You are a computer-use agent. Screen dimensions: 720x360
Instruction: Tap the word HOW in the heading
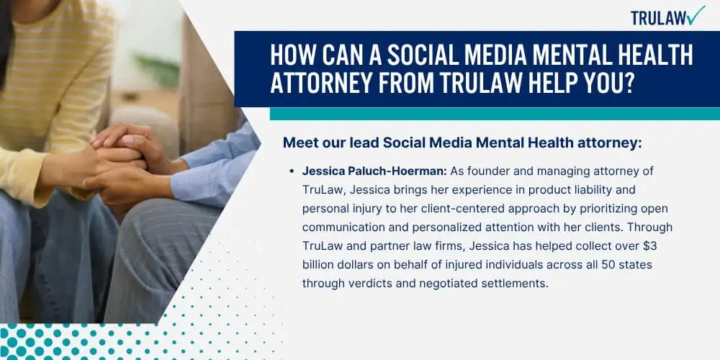click(291, 56)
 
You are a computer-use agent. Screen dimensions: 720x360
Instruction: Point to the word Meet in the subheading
click(297, 143)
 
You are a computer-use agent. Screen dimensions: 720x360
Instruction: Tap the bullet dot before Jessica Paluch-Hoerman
click(291, 171)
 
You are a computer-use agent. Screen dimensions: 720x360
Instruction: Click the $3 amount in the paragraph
click(649, 246)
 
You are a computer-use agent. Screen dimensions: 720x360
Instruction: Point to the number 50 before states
click(600, 265)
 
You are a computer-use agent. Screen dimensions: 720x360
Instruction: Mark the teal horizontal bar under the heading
click(495, 114)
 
